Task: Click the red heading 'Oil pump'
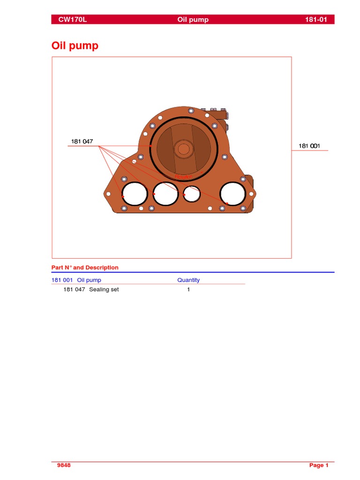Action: (x=75, y=46)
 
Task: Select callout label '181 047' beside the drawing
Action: (x=82, y=142)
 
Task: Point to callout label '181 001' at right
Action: (x=309, y=146)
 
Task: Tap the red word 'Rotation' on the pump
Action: (x=183, y=177)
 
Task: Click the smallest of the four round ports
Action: (x=192, y=193)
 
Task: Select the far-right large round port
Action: (x=232, y=193)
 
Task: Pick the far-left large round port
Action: (x=134, y=193)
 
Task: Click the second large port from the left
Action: (x=165, y=193)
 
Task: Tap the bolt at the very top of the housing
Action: (x=191, y=111)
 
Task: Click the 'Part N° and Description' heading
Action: (x=85, y=268)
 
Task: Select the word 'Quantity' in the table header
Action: (x=188, y=280)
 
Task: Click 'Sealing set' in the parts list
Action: (x=104, y=290)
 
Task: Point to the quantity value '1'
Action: (x=188, y=290)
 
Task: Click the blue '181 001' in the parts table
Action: (x=62, y=280)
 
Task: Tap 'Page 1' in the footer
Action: (x=319, y=465)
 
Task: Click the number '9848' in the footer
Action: (x=64, y=465)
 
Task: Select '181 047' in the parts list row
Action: (x=74, y=290)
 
